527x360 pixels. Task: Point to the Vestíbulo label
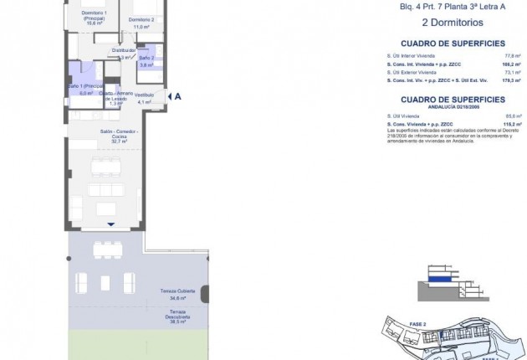coord(146,95)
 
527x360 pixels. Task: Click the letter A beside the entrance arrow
coord(178,96)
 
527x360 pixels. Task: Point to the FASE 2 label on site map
coord(419,322)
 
